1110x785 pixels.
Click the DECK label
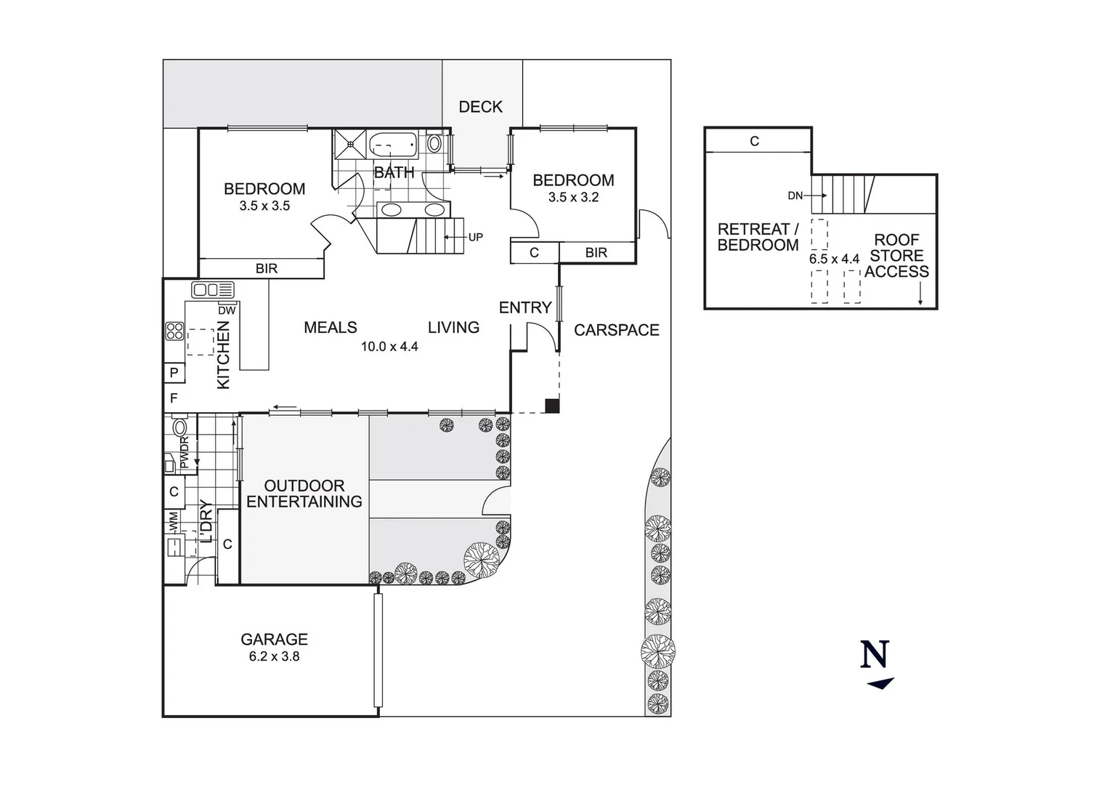480,107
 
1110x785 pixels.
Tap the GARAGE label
274,639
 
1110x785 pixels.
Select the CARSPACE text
616,330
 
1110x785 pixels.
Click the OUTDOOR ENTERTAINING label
304,494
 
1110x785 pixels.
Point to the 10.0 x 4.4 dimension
389,347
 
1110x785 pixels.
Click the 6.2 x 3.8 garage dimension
274,656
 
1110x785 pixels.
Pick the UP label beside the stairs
475,237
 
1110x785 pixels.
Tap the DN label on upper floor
795,196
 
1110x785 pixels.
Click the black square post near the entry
552,406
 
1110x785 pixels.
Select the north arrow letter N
875,654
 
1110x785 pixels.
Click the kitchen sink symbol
213,290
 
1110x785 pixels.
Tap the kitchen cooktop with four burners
174,331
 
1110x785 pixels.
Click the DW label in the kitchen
227,310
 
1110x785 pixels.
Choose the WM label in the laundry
174,520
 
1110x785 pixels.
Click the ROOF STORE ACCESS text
896,256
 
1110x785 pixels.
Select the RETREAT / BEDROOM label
758,237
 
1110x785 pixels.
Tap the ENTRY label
524,307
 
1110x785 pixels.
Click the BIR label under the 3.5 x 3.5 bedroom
267,268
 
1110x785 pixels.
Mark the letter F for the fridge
174,398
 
